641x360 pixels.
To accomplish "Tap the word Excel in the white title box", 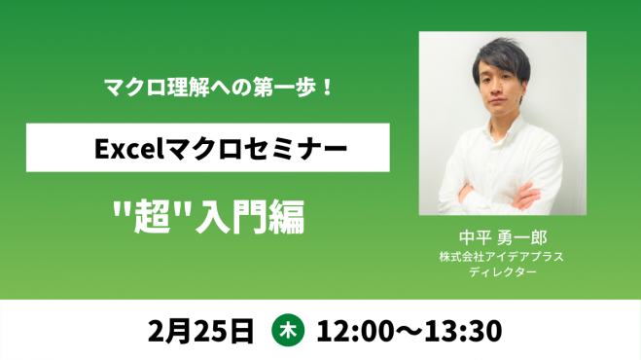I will pos(126,149).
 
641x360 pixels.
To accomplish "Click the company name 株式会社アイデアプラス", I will pos(502,257).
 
